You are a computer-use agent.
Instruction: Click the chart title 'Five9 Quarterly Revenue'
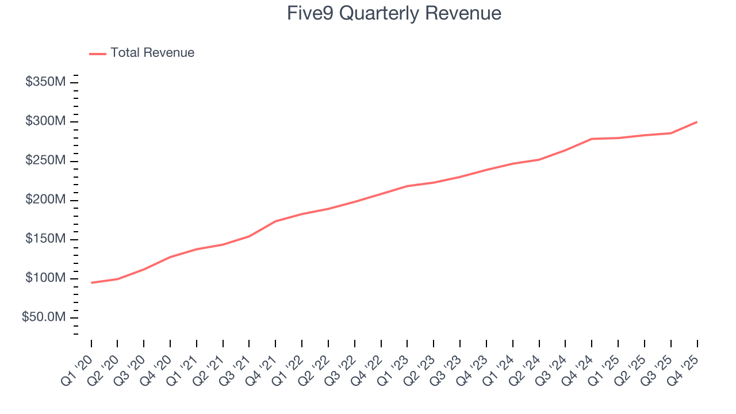point(394,13)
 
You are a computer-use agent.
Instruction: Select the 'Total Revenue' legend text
point(152,53)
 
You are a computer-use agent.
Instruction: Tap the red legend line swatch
point(98,53)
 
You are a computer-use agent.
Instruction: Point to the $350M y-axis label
point(45,82)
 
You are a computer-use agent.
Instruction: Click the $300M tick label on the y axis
point(45,121)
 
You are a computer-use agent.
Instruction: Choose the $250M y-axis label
point(45,160)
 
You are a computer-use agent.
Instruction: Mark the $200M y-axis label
point(45,200)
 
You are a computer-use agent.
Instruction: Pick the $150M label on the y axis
point(45,239)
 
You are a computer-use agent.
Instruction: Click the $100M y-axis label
point(45,278)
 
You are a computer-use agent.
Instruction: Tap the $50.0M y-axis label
point(43,317)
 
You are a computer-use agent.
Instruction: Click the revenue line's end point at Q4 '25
point(697,122)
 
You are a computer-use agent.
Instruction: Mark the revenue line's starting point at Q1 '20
point(91,282)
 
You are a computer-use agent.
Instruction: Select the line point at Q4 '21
point(275,221)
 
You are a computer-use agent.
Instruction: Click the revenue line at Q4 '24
point(592,139)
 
